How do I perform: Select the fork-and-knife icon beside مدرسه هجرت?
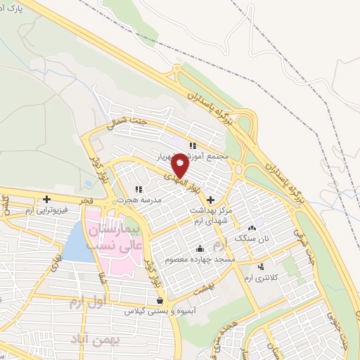139,189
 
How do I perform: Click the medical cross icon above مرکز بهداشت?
211,200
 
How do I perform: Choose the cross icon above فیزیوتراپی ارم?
47,199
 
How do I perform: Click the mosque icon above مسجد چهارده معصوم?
200,248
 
